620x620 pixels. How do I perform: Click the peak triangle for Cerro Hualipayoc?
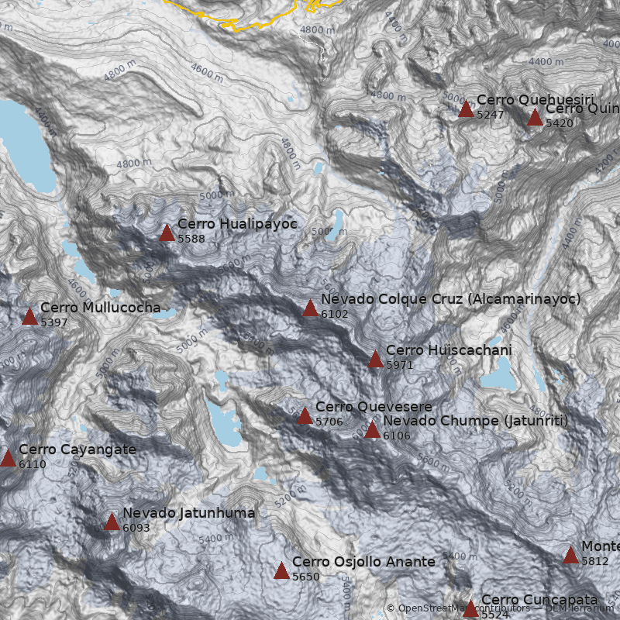pyautogui.click(x=167, y=232)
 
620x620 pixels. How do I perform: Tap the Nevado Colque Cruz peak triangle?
pyautogui.click(x=310, y=308)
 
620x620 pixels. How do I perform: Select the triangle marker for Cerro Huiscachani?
pyautogui.click(x=375, y=359)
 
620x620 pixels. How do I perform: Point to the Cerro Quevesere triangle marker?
pyautogui.click(x=305, y=416)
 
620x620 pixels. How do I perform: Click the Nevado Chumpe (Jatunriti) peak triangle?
pyautogui.click(x=372, y=430)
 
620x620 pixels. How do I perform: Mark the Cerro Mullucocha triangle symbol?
pyautogui.click(x=29, y=316)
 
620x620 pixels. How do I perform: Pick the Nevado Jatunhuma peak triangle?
pyautogui.click(x=112, y=522)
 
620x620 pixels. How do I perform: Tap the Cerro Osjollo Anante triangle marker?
pyautogui.click(x=281, y=571)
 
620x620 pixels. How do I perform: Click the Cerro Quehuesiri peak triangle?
pyautogui.click(x=466, y=109)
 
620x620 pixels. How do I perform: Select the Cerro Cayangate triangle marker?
pyautogui.click(x=8, y=458)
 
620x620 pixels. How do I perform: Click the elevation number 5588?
pyautogui.click(x=191, y=239)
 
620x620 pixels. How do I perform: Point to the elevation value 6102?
pyautogui.click(x=335, y=314)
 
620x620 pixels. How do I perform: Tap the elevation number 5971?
pyautogui.click(x=400, y=365)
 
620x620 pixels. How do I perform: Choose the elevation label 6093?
pyautogui.click(x=136, y=529)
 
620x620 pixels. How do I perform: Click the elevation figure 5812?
pyautogui.click(x=595, y=561)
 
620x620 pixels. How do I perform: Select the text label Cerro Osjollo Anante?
pyautogui.click(x=363, y=562)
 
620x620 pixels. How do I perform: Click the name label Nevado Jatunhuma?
pyautogui.click(x=188, y=513)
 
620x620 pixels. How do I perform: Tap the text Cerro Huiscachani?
pyautogui.click(x=449, y=350)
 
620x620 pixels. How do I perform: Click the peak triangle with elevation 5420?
pyautogui.click(x=535, y=118)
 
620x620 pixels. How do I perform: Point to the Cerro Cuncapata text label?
pyautogui.click(x=539, y=600)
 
